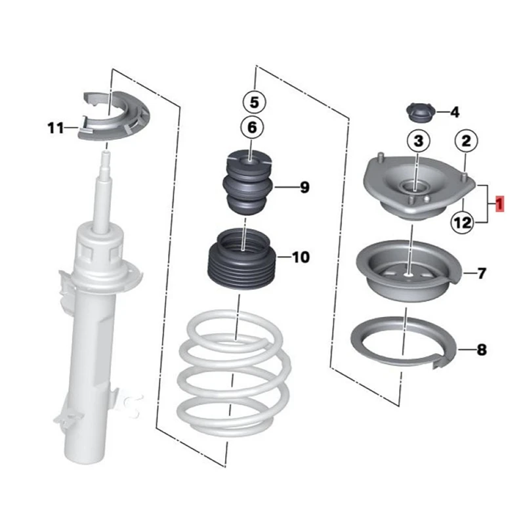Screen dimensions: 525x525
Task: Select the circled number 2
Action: tap(465, 140)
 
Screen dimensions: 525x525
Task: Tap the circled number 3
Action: tap(419, 140)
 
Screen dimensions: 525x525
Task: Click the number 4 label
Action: tap(455, 113)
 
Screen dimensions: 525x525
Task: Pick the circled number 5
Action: tap(254, 102)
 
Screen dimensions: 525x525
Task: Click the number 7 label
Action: tap(482, 274)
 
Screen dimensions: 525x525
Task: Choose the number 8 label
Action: tap(482, 350)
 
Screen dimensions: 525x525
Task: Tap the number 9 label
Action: tap(304, 188)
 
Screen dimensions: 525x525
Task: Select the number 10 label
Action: tap(300, 257)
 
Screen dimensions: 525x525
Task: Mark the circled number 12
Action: tap(462, 223)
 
